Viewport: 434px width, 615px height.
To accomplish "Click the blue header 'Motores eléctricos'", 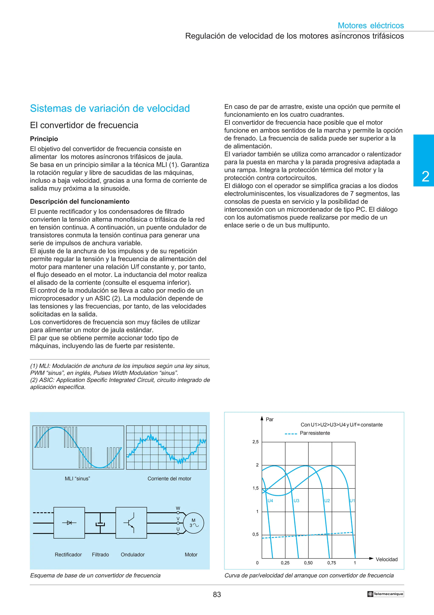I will pos(371,25).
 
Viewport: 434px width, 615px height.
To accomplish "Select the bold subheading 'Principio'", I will pos(44,139).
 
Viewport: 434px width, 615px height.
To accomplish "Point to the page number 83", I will pos(217,594).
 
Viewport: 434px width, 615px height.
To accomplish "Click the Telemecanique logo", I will pos(385,594).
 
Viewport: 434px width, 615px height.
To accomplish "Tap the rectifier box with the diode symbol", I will pos(69,523).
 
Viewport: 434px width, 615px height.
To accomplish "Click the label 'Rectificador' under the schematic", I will pos(68,555).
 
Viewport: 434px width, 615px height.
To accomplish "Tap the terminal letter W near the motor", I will pos(178,508).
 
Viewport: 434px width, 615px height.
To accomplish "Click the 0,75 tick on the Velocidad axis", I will pos(332,563).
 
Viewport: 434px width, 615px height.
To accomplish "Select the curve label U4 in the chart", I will pos(270,501).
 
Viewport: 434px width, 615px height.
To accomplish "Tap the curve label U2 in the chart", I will pos(327,501).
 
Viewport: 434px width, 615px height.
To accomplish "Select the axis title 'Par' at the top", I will pos(270,420).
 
